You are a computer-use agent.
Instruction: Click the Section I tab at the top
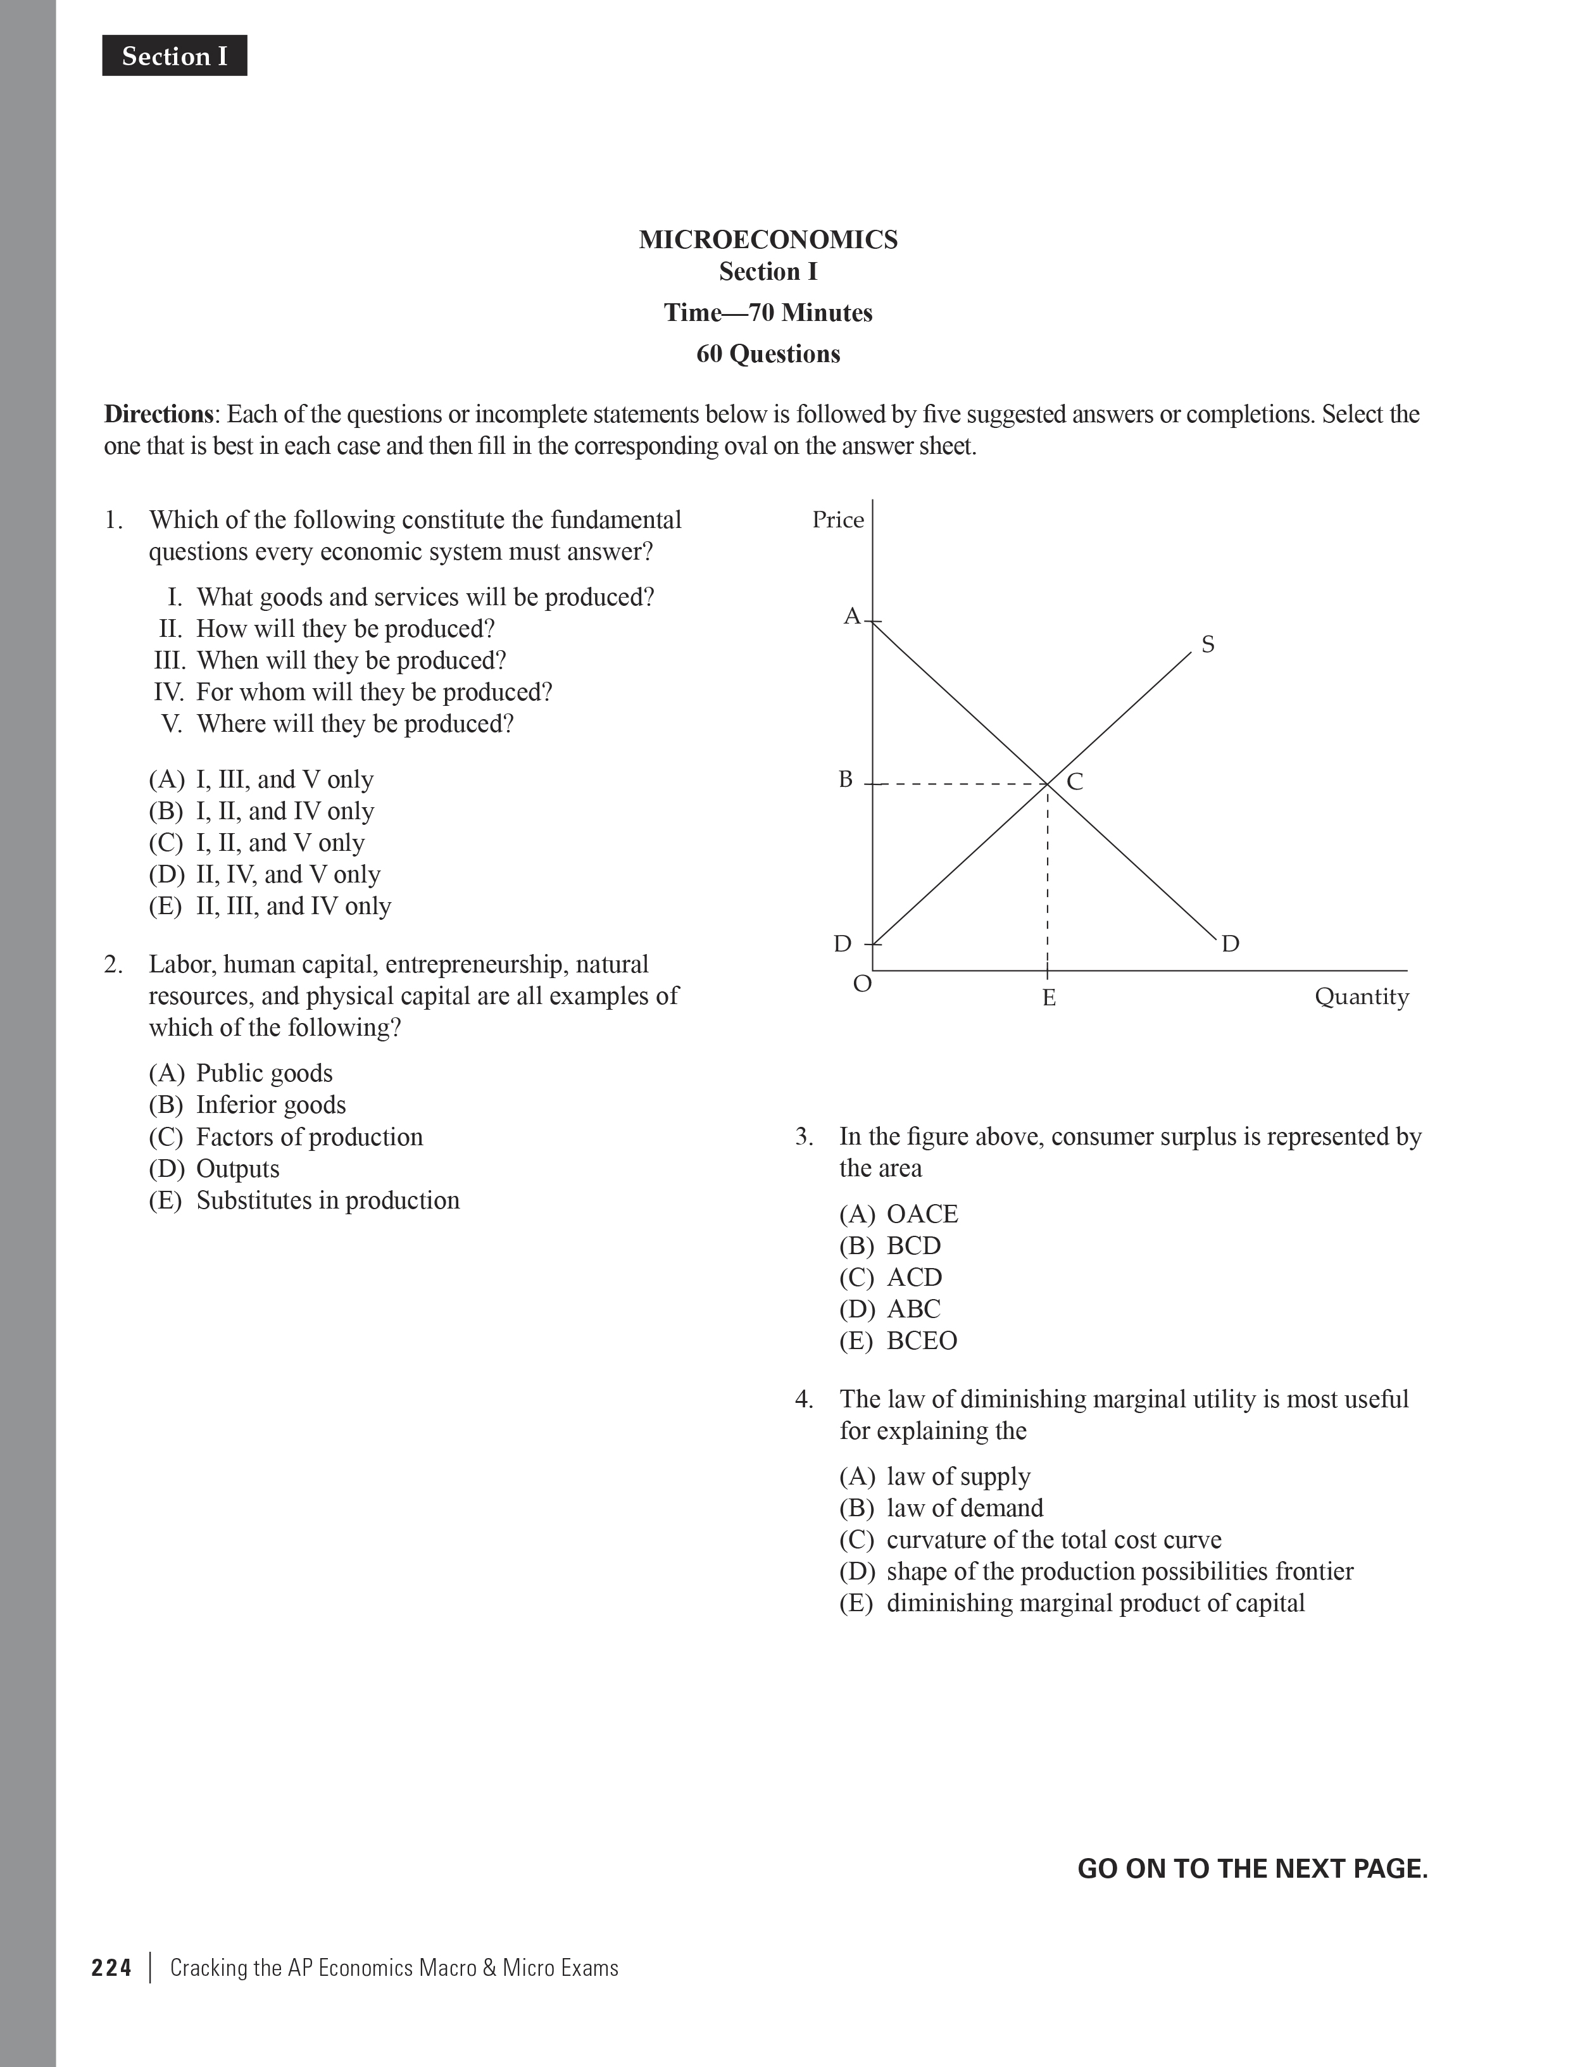click(x=174, y=57)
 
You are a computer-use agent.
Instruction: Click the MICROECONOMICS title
click(x=768, y=239)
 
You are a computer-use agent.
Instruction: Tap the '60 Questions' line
click(x=768, y=354)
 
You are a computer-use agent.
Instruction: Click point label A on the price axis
click(x=851, y=617)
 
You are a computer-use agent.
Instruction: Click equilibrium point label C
click(x=1074, y=782)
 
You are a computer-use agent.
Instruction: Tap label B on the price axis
click(x=845, y=780)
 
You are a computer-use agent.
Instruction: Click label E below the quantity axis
click(x=1049, y=998)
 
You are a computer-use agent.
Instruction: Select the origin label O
click(x=862, y=984)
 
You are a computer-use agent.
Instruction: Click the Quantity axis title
click(x=1361, y=996)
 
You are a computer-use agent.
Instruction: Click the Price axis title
click(x=837, y=520)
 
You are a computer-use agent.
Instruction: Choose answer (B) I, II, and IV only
click(x=261, y=811)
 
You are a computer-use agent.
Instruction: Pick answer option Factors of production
click(x=286, y=1136)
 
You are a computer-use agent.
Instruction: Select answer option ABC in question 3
click(x=890, y=1309)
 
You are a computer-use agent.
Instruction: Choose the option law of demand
click(x=942, y=1507)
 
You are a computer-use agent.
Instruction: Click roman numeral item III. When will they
click(x=330, y=660)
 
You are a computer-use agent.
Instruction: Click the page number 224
click(x=111, y=1968)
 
